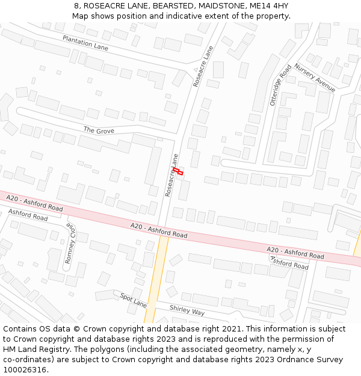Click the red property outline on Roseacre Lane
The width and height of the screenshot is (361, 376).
(178, 172)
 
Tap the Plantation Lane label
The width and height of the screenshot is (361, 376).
(85, 43)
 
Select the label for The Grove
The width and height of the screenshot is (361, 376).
(99, 130)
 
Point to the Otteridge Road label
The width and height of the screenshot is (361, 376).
(280, 85)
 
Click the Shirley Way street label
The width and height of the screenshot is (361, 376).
(187, 310)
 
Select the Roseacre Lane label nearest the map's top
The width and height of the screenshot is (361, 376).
(203, 67)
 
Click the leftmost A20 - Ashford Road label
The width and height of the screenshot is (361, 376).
(34, 203)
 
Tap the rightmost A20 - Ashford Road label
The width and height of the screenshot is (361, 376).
(295, 253)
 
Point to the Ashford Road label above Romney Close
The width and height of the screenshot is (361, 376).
(28, 214)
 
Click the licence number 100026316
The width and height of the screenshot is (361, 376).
(25, 370)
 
